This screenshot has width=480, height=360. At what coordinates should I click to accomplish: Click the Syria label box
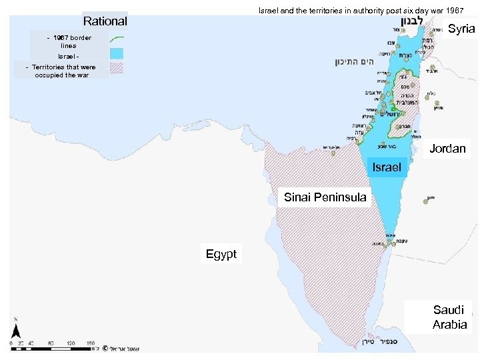[x=461, y=29]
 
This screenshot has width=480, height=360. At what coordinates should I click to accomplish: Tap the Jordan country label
[x=447, y=149]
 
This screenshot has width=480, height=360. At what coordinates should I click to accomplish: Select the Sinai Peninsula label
[x=325, y=197]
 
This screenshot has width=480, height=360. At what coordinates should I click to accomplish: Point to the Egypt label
[x=221, y=254]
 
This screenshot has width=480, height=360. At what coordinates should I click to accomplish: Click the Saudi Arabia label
[x=449, y=317]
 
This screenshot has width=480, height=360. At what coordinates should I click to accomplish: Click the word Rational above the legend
[x=105, y=21]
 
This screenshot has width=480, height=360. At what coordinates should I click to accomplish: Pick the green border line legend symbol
[x=119, y=39]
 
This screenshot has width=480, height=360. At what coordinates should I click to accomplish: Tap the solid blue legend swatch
[x=119, y=53]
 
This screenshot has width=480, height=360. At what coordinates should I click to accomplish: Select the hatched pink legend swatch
[x=119, y=67]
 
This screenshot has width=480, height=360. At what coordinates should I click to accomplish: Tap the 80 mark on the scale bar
[x=51, y=343]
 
